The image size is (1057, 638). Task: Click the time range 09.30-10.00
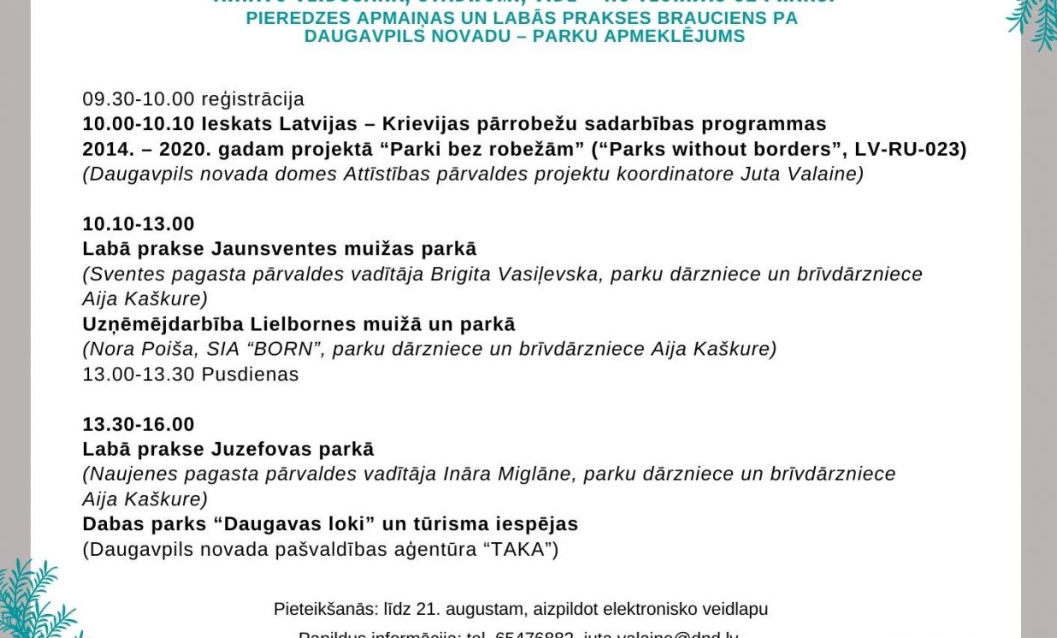[x=139, y=99]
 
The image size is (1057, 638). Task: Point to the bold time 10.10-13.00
[x=139, y=224]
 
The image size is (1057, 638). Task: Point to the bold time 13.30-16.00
[x=139, y=424]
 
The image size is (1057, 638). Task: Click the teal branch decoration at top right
[x=1033, y=21]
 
